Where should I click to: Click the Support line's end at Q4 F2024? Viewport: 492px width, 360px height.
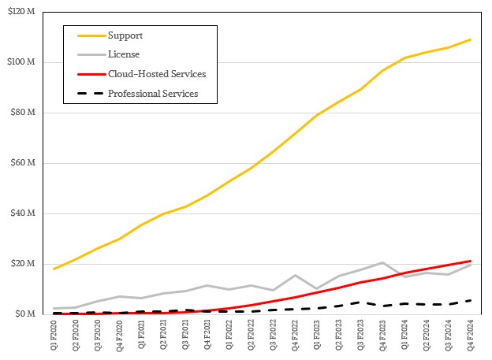pos(471,39)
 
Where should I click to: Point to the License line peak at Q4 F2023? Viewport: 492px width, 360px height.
pos(383,262)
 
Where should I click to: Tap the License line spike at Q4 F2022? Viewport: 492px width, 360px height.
pos(295,276)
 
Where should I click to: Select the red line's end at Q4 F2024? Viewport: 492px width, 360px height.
pos(471,261)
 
